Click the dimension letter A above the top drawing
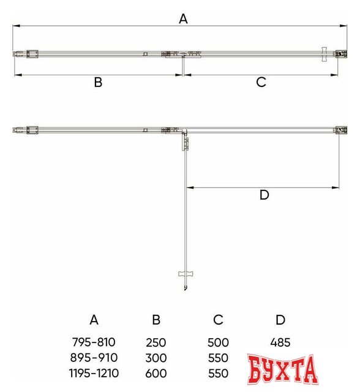point(182,19)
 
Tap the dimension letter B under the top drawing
point(97,83)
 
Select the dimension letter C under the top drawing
point(261,83)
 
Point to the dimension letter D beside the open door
point(264,195)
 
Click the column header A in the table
point(94,320)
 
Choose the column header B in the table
point(156,320)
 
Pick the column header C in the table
point(219,320)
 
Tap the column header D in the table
point(280,320)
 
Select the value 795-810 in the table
point(94,342)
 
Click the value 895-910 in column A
point(94,358)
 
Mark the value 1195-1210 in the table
point(94,373)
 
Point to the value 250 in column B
point(156,342)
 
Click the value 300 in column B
point(156,358)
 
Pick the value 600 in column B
point(156,373)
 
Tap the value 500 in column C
point(219,342)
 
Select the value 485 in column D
point(280,342)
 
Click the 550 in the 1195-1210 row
point(219,373)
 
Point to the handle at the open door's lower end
point(184,274)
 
